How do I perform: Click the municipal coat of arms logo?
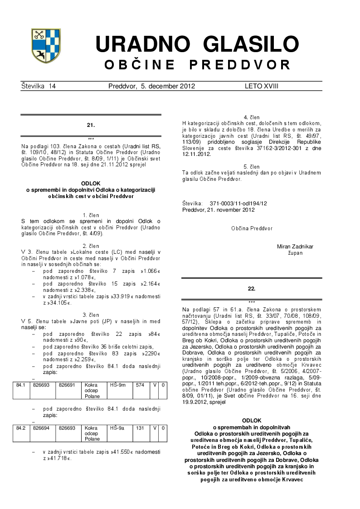46,45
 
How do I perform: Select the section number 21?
91,125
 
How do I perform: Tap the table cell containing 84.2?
20,427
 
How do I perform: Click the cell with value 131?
140,427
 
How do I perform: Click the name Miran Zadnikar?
295,247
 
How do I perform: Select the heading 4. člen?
252,118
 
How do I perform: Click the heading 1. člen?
91,215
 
